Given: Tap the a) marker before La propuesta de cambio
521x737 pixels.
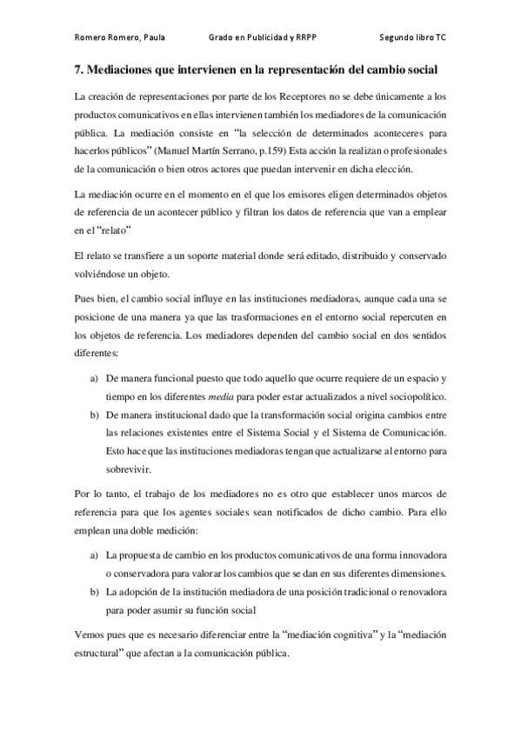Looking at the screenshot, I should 94,554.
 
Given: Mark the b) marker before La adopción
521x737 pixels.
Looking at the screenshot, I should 94,591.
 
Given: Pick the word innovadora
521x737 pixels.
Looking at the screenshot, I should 419,554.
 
